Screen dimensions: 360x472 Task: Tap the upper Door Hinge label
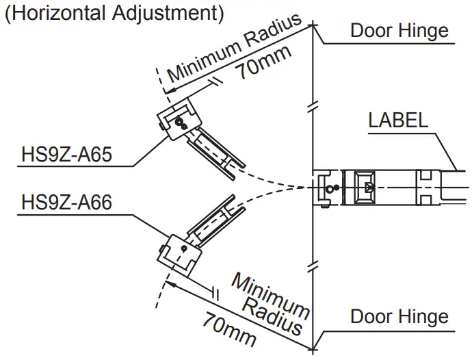(x=399, y=30)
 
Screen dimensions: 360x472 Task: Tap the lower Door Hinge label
(x=399, y=316)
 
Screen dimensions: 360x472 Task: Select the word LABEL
(x=398, y=120)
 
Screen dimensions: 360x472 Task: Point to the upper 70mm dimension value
(x=264, y=63)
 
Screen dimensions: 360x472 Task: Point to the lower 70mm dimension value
(x=229, y=328)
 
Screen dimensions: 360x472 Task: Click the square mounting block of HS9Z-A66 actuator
(x=179, y=253)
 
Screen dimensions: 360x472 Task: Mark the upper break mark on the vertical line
(x=313, y=107)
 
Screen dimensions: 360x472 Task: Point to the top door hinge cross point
(x=313, y=26)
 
